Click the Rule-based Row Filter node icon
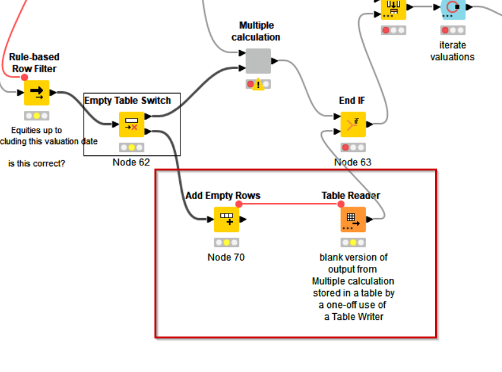click(37, 93)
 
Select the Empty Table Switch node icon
click(132, 124)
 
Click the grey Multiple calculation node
click(258, 61)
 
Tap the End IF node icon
click(353, 124)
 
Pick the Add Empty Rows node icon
click(227, 219)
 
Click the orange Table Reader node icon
click(353, 219)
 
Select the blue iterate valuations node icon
click(453, 8)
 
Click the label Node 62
click(132, 162)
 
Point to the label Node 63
click(353, 162)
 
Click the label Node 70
click(226, 257)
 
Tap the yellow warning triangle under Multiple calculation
click(258, 85)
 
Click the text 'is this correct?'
click(37, 164)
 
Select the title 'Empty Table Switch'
click(132, 100)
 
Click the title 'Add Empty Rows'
click(223, 195)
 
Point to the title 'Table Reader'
click(351, 195)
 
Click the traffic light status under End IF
click(353, 148)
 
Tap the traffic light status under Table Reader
click(353, 243)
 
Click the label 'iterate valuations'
click(453, 51)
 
